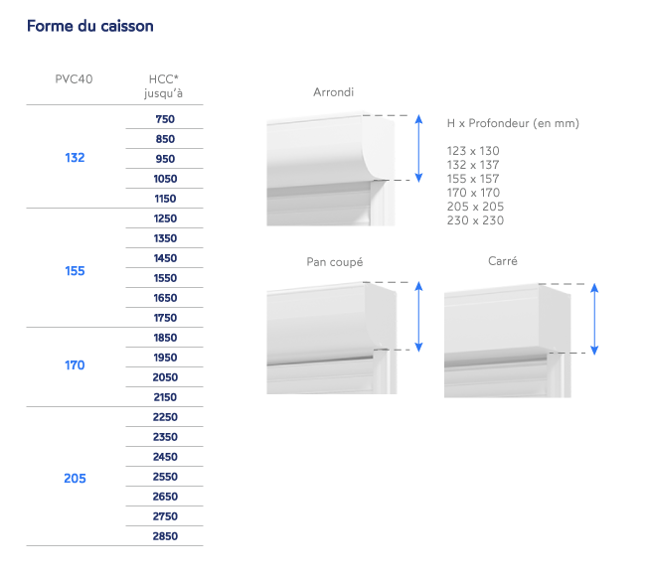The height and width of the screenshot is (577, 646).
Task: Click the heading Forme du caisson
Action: [x=89, y=26]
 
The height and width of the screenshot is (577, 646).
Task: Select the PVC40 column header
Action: [x=75, y=78]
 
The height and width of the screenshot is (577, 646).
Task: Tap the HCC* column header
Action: [x=164, y=85]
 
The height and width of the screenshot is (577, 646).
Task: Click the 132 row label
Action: [x=75, y=158]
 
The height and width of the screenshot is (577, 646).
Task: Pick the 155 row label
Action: [x=75, y=271]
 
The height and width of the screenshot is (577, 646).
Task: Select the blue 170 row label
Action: [x=75, y=365]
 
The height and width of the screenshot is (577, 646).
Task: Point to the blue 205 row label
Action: [x=75, y=479]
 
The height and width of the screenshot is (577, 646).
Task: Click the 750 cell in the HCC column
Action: [x=165, y=119]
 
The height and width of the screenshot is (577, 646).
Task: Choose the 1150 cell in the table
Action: [x=165, y=199]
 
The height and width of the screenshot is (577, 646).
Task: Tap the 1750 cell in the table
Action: [x=165, y=318]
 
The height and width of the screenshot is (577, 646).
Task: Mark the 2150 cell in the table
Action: [x=165, y=397]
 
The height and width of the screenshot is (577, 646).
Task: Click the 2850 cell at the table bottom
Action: [x=165, y=536]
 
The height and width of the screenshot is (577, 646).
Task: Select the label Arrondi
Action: [x=333, y=92]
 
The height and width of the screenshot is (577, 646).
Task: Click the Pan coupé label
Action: [x=334, y=262]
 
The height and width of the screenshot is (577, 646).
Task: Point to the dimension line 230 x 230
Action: [x=475, y=220]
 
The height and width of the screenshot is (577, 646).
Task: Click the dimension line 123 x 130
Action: [x=473, y=151]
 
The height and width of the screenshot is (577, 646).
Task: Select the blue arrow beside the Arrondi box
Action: [x=418, y=147]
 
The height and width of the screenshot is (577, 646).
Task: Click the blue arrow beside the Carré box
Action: [x=594, y=318]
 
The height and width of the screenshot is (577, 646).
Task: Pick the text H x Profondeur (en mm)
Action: [x=512, y=123]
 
